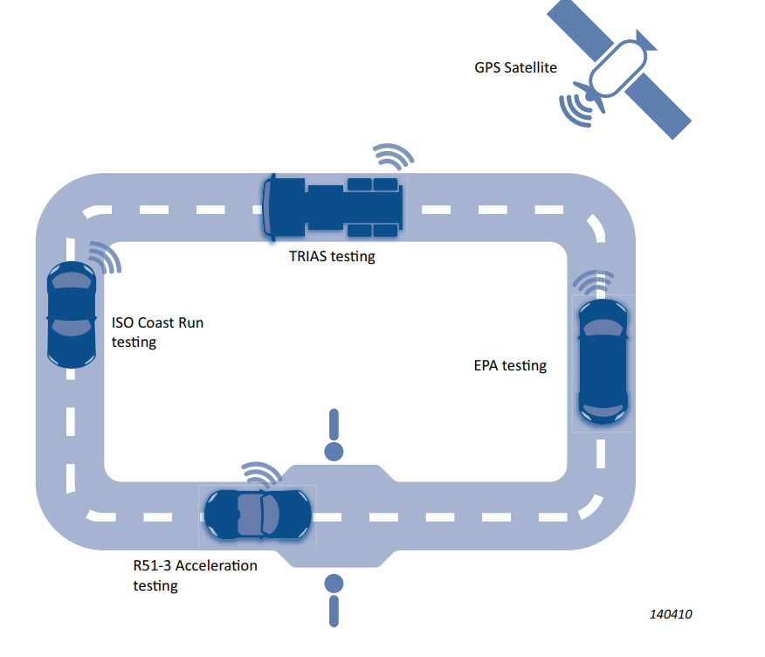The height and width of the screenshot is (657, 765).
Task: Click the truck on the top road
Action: point(333,206)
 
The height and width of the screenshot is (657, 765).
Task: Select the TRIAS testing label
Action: point(332,257)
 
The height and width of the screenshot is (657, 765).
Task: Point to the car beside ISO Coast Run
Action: point(71,314)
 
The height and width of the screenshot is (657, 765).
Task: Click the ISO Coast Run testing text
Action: point(157,332)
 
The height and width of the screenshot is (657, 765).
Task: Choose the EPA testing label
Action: point(510,365)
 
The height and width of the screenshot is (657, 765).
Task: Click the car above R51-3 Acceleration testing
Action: point(257,515)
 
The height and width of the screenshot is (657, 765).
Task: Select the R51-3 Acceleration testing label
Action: point(195,575)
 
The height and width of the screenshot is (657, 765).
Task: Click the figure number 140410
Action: point(671,614)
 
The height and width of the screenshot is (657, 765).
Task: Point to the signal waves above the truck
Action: point(394,156)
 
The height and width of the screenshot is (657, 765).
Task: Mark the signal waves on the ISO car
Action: point(105,257)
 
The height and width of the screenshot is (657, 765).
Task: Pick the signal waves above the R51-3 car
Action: point(261,474)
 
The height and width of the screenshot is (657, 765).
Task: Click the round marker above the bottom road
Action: point(334,451)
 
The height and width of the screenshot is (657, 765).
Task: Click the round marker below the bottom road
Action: point(334,584)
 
